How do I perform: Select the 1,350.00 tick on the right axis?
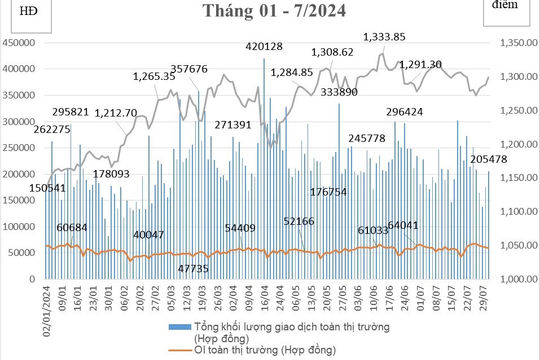point(516,43)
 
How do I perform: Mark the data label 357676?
point(189,69)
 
